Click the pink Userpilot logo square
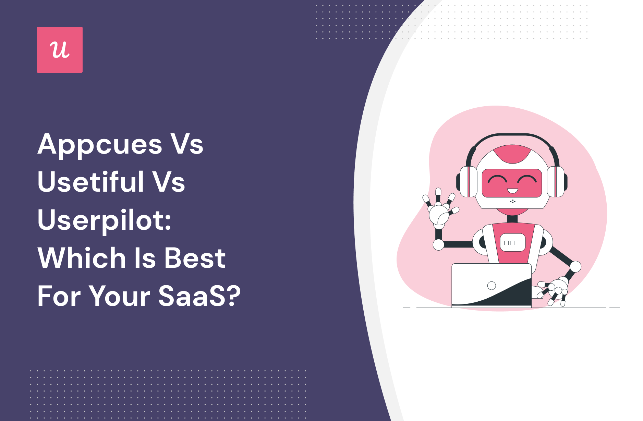coord(60,50)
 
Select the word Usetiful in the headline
coord(90,181)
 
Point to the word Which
coord(82,258)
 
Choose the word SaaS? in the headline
coord(199,296)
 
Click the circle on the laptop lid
coord(492,286)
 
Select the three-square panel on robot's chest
coord(513,243)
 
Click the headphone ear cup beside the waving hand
coord(467,182)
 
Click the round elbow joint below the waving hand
coord(438,245)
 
